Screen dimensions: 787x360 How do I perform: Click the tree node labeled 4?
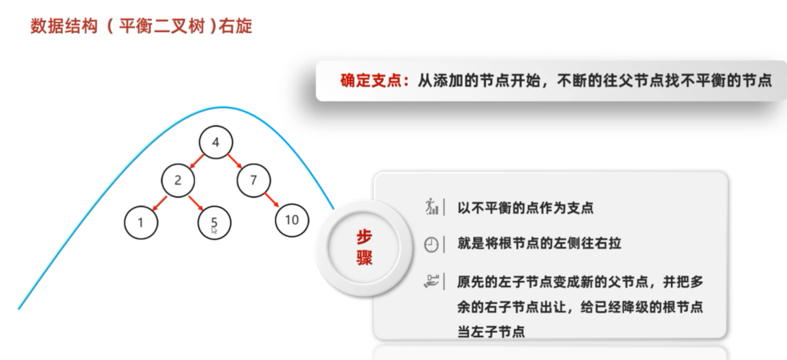[x=215, y=142]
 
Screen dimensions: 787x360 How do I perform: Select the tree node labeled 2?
[x=178, y=180]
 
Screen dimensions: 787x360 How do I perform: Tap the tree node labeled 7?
[x=253, y=180]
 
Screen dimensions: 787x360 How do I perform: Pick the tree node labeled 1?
[x=141, y=222]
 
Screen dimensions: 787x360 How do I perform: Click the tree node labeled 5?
[x=214, y=222]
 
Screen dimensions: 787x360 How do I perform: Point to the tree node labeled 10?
[x=292, y=220]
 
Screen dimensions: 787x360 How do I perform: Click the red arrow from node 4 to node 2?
[x=197, y=161]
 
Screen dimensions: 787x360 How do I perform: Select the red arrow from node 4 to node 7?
[x=235, y=161]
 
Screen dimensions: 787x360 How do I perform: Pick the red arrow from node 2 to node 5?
[x=196, y=203]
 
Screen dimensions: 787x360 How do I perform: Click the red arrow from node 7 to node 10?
[x=272, y=200]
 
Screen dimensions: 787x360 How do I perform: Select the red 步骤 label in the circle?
[x=364, y=248]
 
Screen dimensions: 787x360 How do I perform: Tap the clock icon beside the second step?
[x=431, y=245]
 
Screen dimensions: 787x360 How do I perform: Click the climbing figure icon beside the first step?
[x=431, y=206]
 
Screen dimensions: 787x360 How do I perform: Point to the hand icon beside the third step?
[x=431, y=281]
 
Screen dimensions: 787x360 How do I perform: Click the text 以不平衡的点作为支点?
[x=525, y=208]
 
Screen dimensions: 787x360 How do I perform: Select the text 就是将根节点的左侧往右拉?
[x=539, y=243]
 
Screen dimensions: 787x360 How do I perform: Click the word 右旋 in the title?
[x=235, y=26]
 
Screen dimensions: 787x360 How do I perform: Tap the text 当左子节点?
[x=491, y=332]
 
